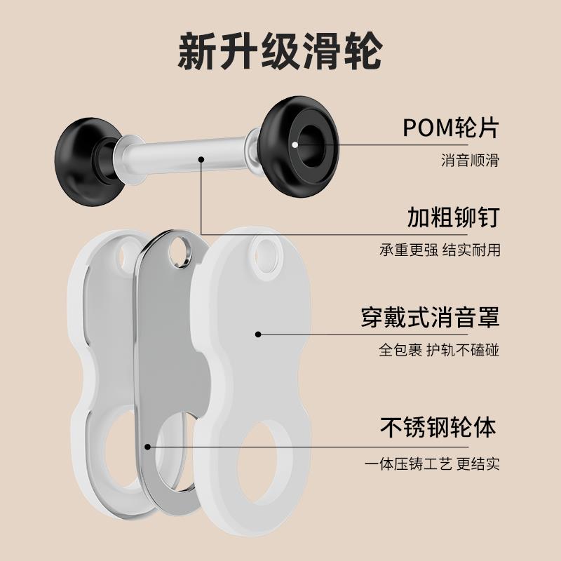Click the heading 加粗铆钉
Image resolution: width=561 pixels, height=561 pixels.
[453, 218]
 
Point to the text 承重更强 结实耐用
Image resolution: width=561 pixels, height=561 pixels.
[440, 250]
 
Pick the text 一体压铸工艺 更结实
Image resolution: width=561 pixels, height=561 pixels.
[434, 464]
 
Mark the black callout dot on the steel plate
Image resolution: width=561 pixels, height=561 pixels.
[147, 445]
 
